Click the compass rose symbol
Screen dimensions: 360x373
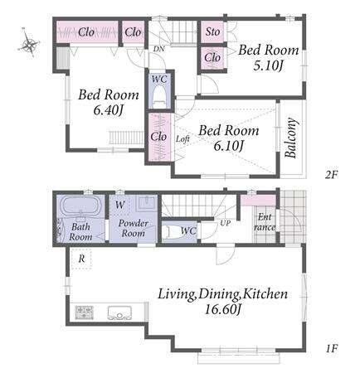pyautogui.click(x=29, y=42)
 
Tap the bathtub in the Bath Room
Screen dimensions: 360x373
pyautogui.click(x=81, y=206)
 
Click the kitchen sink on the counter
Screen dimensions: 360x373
pyautogui.click(x=119, y=312)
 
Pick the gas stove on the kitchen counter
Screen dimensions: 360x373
pyautogui.click(x=85, y=312)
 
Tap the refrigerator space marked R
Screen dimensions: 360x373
pyautogui.click(x=81, y=259)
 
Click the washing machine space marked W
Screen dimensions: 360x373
pyautogui.click(x=119, y=205)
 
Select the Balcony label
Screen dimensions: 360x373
pyautogui.click(x=291, y=138)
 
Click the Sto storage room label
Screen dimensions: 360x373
pyautogui.click(x=212, y=31)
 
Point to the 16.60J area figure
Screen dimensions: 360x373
pyautogui.click(x=223, y=309)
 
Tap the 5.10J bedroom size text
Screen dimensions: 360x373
pyautogui.click(x=269, y=65)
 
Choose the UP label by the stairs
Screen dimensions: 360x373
pyautogui.click(x=226, y=223)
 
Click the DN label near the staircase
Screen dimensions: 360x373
pyautogui.click(x=159, y=49)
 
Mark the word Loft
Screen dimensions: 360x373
pyautogui.click(x=182, y=139)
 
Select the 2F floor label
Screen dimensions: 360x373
pyautogui.click(x=332, y=175)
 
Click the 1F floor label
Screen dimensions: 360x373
pyautogui.click(x=331, y=348)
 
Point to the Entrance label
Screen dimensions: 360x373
pyautogui.click(x=265, y=222)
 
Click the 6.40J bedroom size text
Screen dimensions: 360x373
pyautogui.click(x=109, y=110)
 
